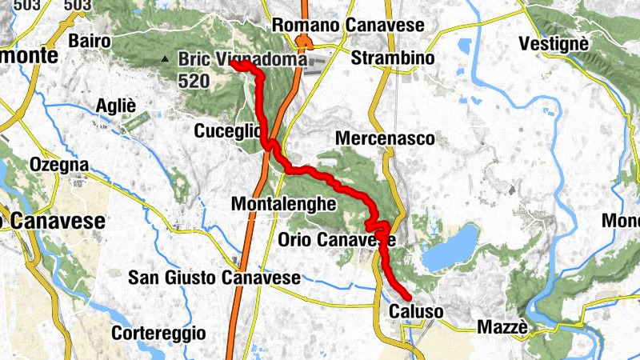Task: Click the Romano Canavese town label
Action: (x=348, y=26)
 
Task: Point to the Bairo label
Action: (x=90, y=40)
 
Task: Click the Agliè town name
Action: (x=116, y=106)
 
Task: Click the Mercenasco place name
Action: (x=385, y=138)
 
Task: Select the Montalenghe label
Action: (x=283, y=204)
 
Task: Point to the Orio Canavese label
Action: (x=337, y=239)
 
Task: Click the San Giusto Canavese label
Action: (x=214, y=278)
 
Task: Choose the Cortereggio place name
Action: (x=158, y=332)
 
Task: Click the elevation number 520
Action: (x=194, y=81)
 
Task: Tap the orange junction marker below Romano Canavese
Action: (x=302, y=41)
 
